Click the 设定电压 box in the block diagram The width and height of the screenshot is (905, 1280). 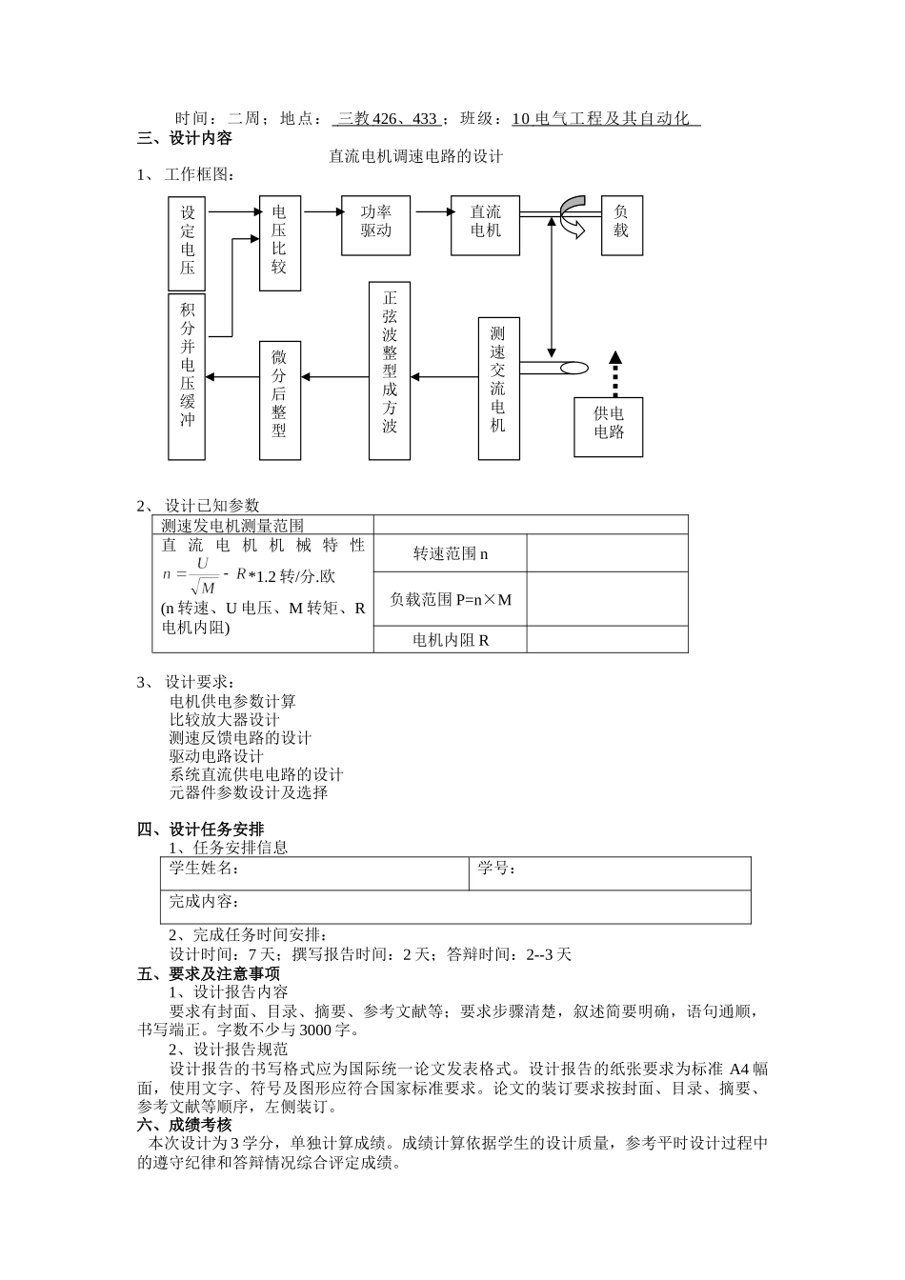[187, 243]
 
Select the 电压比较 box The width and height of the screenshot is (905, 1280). [279, 243]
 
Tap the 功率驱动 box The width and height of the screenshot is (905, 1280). [375, 226]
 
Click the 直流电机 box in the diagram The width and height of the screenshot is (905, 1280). [485, 226]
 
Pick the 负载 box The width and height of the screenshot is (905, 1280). [621, 226]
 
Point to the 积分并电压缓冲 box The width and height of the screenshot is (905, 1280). [187, 375]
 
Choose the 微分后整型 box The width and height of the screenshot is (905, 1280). [279, 400]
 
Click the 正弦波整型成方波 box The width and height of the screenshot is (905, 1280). [390, 370]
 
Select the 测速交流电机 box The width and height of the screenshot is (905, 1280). [498, 388]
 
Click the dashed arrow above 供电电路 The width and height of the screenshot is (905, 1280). [614, 374]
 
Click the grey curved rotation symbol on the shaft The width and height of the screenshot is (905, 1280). [573, 215]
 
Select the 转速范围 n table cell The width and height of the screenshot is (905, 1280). [451, 553]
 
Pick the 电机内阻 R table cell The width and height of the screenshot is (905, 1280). [451, 640]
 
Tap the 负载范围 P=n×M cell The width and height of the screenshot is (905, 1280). [451, 599]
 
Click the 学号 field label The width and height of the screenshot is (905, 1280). [496, 868]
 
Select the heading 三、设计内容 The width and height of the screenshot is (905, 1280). [185, 138]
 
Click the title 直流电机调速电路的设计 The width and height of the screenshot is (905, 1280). [415, 156]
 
